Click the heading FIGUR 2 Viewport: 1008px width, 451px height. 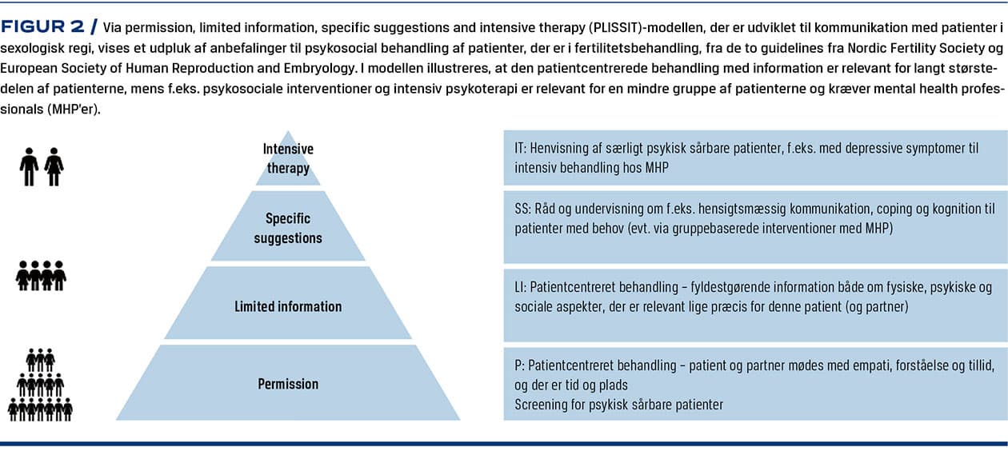pos(42,27)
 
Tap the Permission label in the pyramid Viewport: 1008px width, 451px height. pos(288,384)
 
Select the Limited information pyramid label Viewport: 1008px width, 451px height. pos(288,306)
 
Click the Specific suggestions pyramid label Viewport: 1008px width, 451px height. pos(288,228)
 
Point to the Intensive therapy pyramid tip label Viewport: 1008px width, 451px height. pos(288,158)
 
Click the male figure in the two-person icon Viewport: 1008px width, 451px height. pos(30,167)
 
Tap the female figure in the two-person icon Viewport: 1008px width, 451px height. pos(54,167)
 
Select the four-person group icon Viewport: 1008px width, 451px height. pos(41,276)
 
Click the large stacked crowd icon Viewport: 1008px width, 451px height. pos(40,385)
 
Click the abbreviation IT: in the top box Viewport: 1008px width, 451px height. pos(520,149)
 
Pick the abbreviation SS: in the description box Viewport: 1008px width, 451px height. pos(523,209)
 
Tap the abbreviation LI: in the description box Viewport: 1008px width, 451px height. pos(520,287)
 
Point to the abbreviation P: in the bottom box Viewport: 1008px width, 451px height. pos(519,365)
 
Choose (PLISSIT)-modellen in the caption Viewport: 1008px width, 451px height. pos(646,28)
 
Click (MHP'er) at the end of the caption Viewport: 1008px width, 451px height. pos(74,110)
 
